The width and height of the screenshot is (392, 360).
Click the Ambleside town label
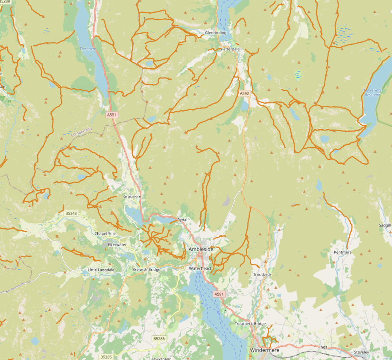tap(201, 249)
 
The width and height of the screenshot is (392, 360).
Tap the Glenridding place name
tap(215, 32)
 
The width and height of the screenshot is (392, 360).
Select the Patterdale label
tap(230, 49)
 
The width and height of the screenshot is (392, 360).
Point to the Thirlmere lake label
tap(88, 49)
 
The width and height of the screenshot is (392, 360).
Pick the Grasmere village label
tap(132, 196)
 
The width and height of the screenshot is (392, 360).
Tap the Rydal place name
tap(182, 220)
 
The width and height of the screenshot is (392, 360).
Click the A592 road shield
tap(244, 93)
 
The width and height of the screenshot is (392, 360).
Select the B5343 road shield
tap(71, 213)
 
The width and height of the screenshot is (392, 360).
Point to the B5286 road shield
tap(159, 338)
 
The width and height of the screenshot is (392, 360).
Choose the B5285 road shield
tap(106, 357)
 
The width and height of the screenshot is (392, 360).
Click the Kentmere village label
tap(342, 253)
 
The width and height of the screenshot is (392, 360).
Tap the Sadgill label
tap(385, 225)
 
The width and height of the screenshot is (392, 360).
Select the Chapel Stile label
tap(105, 234)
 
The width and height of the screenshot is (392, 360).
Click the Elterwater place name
tap(117, 244)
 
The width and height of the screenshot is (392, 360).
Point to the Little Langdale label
tap(101, 270)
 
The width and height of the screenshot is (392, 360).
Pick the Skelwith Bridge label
tap(146, 270)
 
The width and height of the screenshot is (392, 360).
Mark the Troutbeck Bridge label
tap(250, 324)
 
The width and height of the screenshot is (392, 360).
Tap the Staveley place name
tap(361, 352)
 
